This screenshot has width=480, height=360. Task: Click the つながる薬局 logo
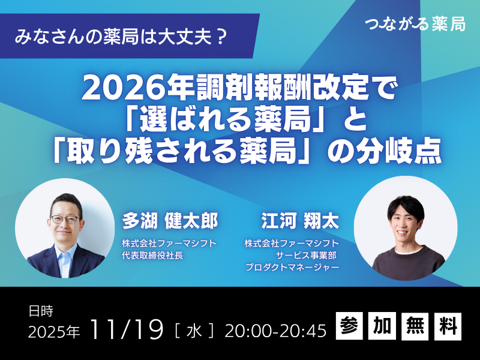coord(415,24)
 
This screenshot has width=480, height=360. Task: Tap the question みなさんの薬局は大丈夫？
coord(122,37)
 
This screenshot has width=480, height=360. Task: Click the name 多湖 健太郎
coord(170,221)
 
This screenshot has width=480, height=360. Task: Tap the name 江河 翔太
coord(300,221)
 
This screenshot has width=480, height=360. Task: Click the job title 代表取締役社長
coord(152,256)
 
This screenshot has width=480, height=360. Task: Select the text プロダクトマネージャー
coord(292,267)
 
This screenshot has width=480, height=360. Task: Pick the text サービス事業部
coord(306,256)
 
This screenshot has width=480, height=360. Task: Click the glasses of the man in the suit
coord(65,219)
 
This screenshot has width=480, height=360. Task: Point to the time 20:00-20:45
coord(275,331)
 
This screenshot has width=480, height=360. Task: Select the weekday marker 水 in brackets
coord(194,331)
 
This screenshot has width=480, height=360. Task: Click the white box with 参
coord(349,326)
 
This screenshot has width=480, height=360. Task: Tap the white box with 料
coord(448,326)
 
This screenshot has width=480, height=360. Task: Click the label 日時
coord(41,311)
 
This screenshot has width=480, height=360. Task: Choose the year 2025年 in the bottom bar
coord(54,332)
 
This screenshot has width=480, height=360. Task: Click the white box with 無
coord(415,326)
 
